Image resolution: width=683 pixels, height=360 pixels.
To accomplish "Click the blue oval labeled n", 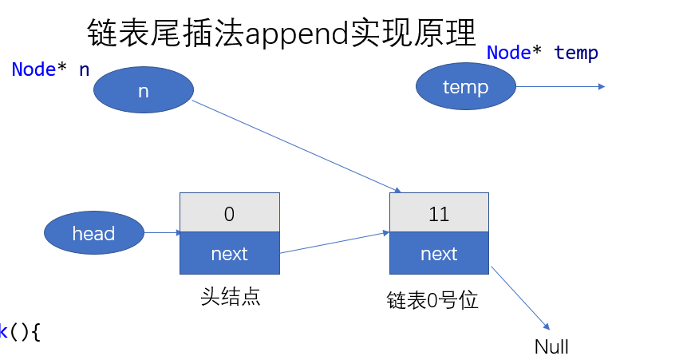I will [x=144, y=91].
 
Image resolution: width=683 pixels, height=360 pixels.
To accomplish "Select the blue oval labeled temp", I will [x=465, y=86].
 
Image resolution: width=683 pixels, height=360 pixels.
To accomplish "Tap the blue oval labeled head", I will [x=94, y=233].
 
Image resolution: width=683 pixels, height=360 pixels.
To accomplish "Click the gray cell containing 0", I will [x=230, y=213].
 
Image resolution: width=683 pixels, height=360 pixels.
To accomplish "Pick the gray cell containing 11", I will [x=439, y=213].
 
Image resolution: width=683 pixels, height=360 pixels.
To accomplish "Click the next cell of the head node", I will [x=230, y=254].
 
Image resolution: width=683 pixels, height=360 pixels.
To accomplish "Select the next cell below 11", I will [x=439, y=254].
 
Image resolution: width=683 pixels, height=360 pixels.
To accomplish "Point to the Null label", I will [x=551, y=346].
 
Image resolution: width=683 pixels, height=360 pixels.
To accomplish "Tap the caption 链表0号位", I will [x=432, y=301].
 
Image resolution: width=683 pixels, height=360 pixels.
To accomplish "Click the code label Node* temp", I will [x=543, y=53].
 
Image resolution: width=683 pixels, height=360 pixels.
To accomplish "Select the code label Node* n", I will [x=50, y=69].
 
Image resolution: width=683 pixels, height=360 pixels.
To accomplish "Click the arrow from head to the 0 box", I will [x=162, y=233].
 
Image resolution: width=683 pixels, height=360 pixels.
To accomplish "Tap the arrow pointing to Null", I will [x=520, y=298].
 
